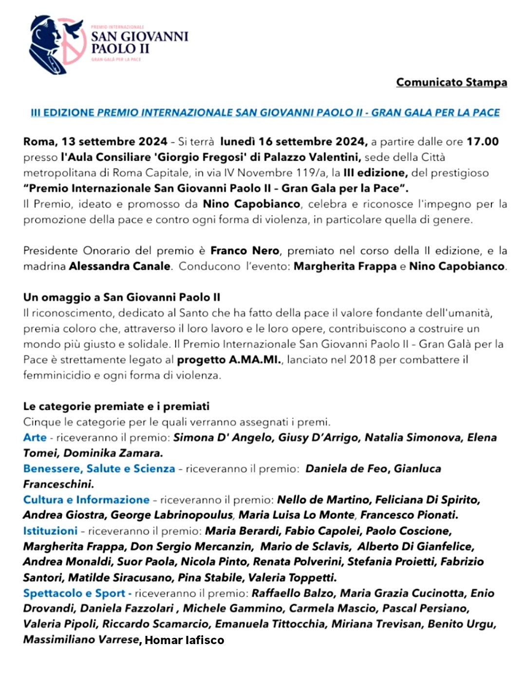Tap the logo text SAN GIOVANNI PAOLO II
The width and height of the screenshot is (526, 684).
tap(139, 42)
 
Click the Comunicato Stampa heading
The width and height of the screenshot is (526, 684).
tap(451, 82)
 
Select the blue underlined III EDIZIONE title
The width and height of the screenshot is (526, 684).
tap(265, 112)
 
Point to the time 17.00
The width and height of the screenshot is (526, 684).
tap(482, 142)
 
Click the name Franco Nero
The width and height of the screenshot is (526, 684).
tap(245, 251)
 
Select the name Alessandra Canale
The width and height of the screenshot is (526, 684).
tap(120, 266)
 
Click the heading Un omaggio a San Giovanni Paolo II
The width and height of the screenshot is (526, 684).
tap(122, 297)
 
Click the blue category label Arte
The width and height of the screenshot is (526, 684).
tap(35, 437)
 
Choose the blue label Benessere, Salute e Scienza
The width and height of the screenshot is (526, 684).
tap(99, 468)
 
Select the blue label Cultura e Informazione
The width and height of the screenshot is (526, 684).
tap(86, 500)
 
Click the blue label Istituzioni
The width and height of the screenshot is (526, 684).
tap(50, 531)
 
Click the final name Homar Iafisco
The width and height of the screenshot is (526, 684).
tap(185, 640)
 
